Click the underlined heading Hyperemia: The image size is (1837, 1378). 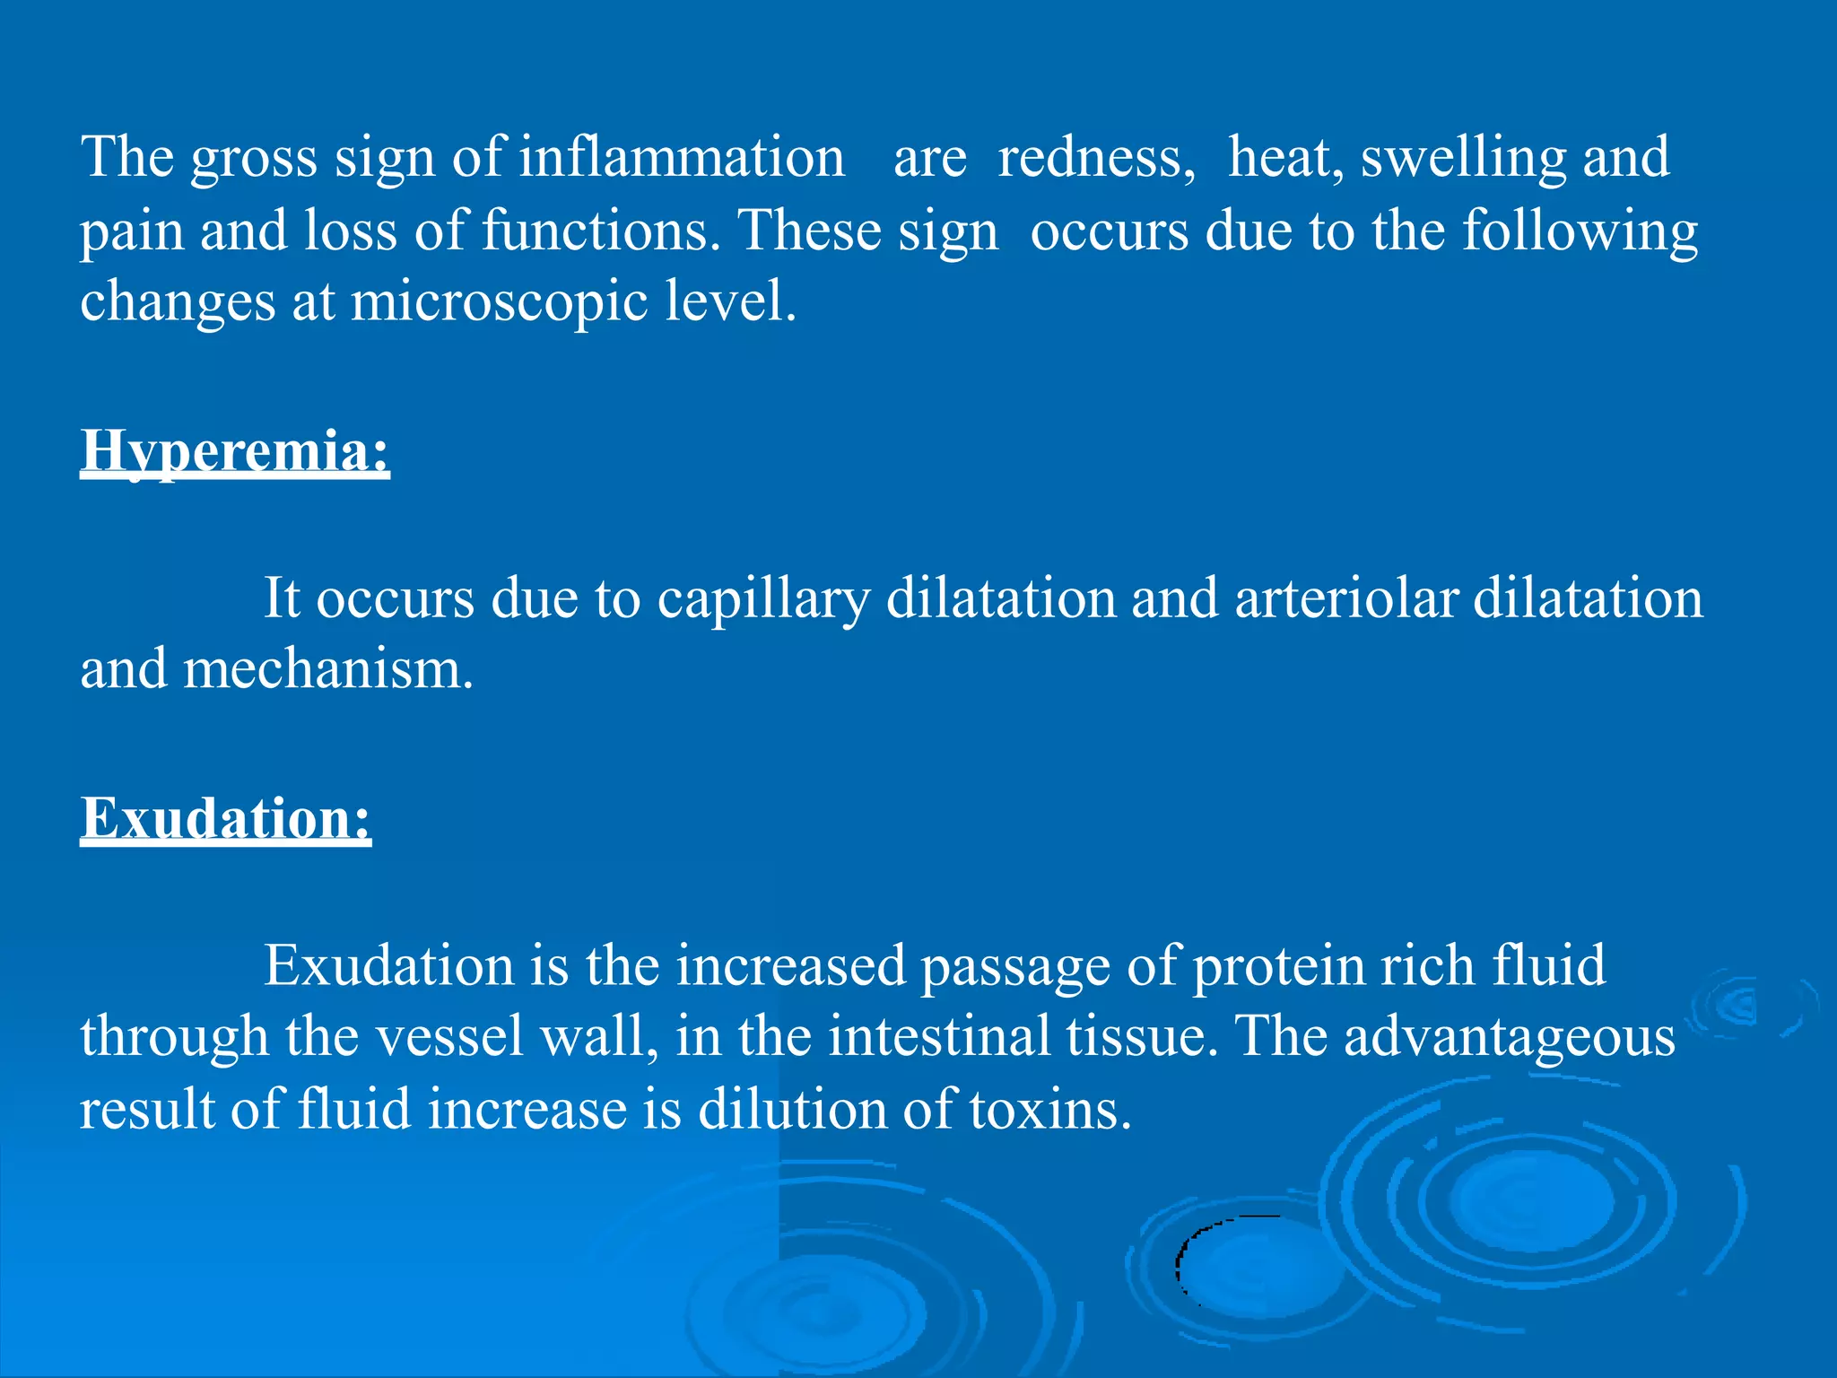[235, 450]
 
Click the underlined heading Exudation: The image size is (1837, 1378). [225, 818]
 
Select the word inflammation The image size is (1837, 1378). [682, 158]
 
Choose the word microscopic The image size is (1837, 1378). [499, 303]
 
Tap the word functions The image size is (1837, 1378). [600, 231]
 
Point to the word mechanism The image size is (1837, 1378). [327, 670]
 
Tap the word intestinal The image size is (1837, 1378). [938, 1037]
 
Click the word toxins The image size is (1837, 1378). [1050, 1110]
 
